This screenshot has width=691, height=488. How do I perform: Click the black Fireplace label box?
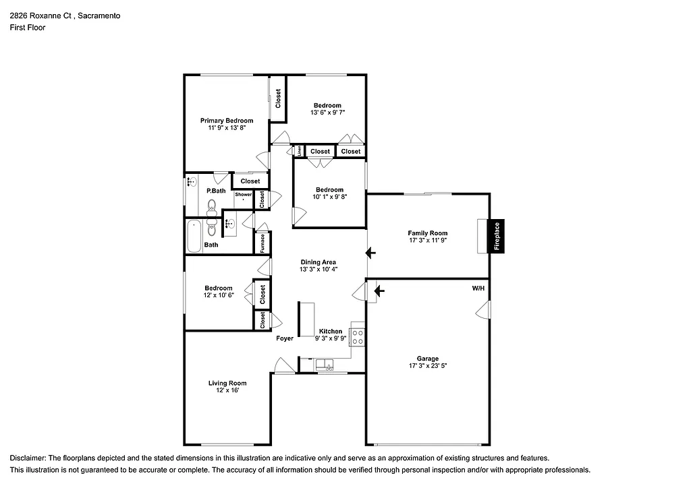(x=497, y=236)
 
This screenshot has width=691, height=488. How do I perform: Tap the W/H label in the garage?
(x=478, y=288)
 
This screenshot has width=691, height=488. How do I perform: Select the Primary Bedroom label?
(x=227, y=121)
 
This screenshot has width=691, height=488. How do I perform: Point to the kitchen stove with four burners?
(x=358, y=337)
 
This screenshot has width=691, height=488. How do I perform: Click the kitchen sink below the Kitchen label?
(x=325, y=365)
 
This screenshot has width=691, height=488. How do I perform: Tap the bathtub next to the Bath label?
(x=194, y=236)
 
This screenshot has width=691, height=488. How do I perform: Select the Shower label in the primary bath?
(x=243, y=195)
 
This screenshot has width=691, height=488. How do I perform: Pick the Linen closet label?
(x=300, y=151)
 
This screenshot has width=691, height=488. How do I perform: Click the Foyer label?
(x=285, y=338)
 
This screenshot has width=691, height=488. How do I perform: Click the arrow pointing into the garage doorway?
(x=379, y=291)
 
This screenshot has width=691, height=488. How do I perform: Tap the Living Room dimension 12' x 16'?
(x=227, y=390)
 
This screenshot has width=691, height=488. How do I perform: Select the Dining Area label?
(x=319, y=262)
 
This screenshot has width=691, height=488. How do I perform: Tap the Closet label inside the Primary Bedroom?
(x=278, y=98)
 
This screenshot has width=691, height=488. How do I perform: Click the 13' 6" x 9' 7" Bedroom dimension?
(x=327, y=113)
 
